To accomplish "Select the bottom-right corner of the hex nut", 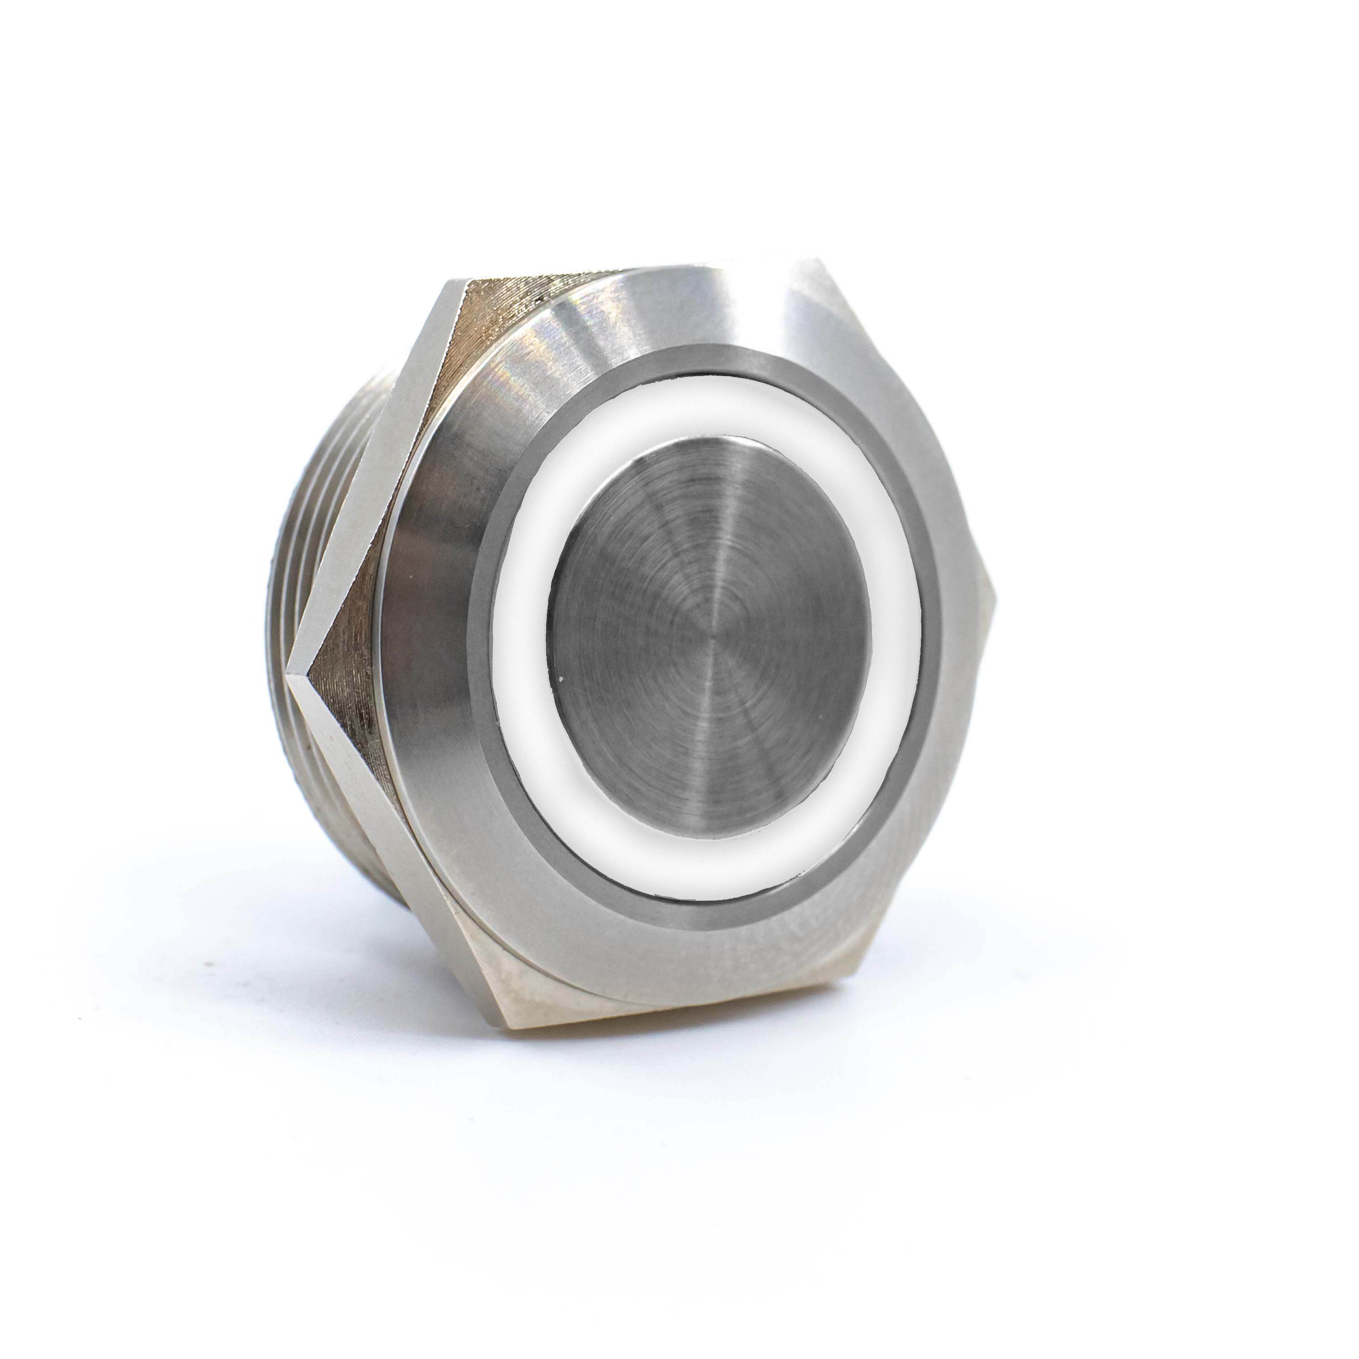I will [855, 974].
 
